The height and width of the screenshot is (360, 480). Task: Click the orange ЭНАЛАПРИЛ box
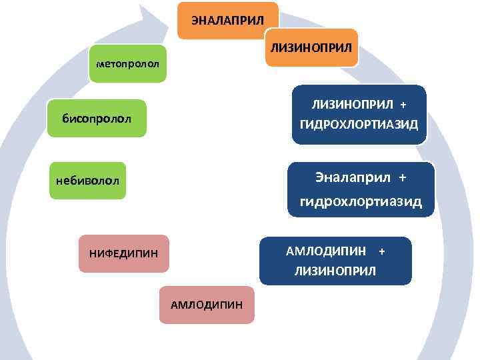click(x=227, y=20)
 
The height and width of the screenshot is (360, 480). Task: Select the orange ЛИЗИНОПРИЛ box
click(x=312, y=47)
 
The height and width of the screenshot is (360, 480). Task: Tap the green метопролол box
click(x=127, y=64)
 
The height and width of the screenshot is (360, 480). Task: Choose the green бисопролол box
click(x=97, y=118)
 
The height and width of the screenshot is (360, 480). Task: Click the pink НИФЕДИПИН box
click(x=123, y=253)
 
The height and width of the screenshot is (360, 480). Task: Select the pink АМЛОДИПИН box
click(x=207, y=305)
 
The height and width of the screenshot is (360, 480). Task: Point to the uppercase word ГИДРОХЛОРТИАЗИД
click(x=359, y=124)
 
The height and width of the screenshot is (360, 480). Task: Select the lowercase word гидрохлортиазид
click(x=361, y=201)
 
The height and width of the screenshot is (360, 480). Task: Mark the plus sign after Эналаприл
click(x=402, y=178)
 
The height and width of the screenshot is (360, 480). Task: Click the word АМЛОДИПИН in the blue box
click(x=326, y=251)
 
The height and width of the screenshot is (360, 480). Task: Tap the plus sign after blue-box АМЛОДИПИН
click(x=382, y=251)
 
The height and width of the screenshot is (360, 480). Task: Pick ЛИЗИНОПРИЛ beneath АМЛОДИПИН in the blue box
click(x=335, y=271)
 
